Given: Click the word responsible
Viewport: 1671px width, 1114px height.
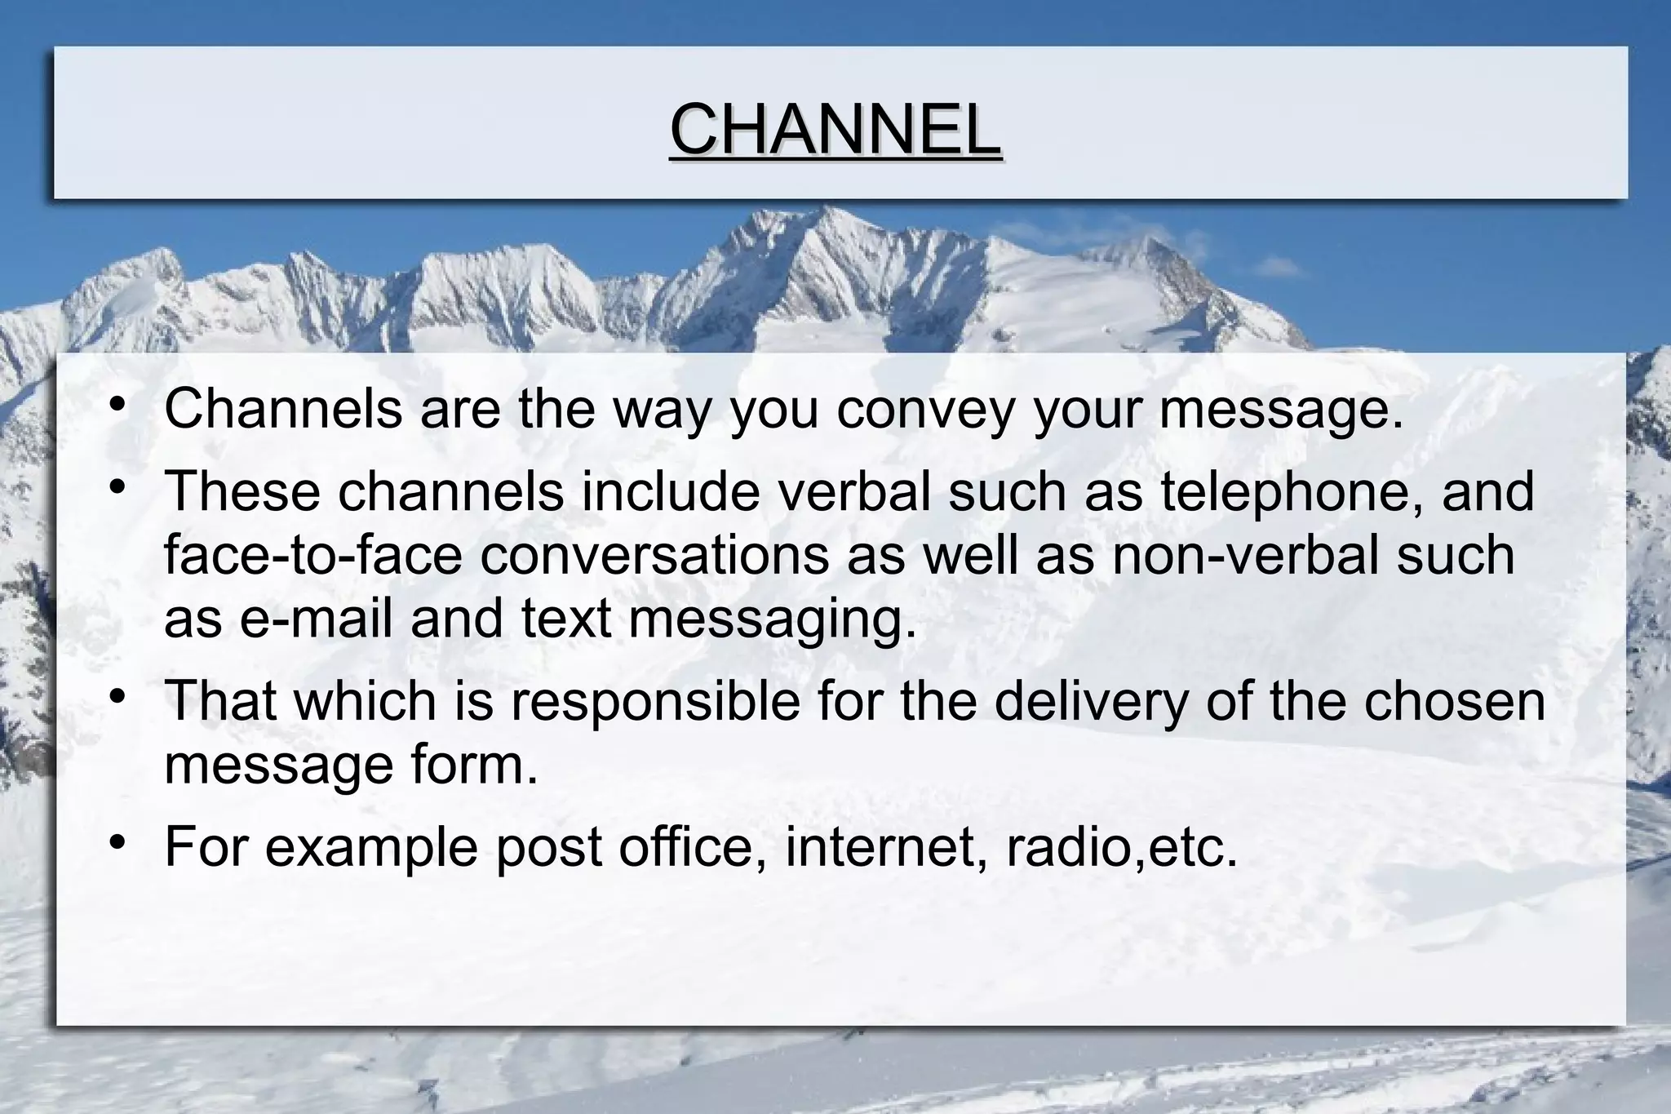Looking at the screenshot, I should coord(655,702).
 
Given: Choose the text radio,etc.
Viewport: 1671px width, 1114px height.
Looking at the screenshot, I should coord(1122,846).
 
